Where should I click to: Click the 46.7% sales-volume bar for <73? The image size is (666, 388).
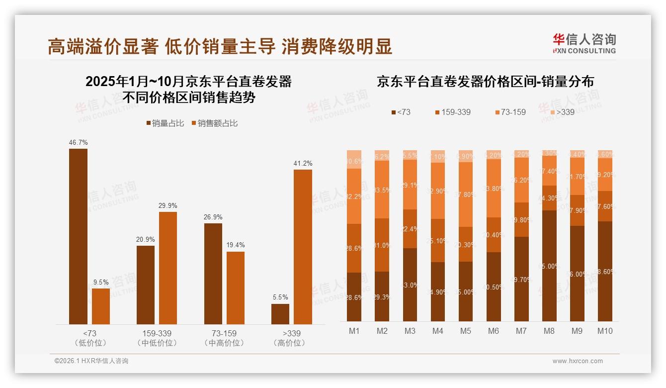coord(78,236)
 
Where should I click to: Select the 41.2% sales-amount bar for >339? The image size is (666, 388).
coord(303,247)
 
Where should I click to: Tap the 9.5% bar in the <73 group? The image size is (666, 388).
coord(101,306)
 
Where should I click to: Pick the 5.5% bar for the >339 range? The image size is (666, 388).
coord(280,314)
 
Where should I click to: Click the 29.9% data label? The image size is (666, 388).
coord(167,206)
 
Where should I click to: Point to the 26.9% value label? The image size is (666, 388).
coord(213,217)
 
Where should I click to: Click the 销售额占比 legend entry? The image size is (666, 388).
coord(214,123)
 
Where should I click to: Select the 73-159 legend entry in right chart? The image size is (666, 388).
coord(509,112)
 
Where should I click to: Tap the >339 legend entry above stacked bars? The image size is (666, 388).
coord(561,112)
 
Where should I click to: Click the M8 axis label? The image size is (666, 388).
coord(549,331)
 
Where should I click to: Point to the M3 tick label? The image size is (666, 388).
coord(410,331)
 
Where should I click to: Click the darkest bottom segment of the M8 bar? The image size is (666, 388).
coord(549,266)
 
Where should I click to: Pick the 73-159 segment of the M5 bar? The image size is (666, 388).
coord(465,194)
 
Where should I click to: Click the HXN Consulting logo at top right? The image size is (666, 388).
coord(584,44)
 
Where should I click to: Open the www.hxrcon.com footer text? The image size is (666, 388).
coord(578,361)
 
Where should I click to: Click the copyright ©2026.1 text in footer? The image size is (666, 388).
coord(91,361)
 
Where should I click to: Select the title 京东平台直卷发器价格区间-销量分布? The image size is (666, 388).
coord(485,82)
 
